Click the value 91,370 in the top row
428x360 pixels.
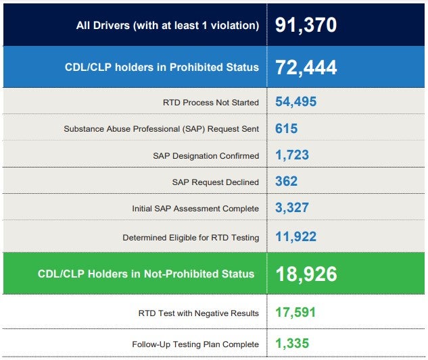click(x=306, y=25)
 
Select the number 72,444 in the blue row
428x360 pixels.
click(x=306, y=68)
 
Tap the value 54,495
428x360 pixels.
click(x=296, y=102)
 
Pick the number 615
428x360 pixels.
click(x=286, y=128)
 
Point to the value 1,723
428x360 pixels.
click(x=292, y=155)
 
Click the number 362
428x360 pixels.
click(x=286, y=181)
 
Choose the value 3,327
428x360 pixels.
click(x=292, y=207)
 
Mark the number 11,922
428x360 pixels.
click(x=296, y=236)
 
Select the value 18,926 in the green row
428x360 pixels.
click(x=306, y=274)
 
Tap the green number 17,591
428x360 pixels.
click(x=295, y=313)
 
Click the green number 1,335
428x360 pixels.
click(x=292, y=343)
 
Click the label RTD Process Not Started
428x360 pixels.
click(x=211, y=103)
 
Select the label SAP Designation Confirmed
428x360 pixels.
click(x=206, y=156)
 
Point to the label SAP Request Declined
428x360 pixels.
click(x=216, y=182)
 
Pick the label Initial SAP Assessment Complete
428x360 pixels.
click(x=195, y=209)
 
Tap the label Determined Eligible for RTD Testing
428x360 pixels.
click(x=191, y=238)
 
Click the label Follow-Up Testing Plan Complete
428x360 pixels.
click(x=195, y=344)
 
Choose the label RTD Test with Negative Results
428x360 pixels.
click(x=198, y=313)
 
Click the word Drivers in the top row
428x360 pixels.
click(x=112, y=26)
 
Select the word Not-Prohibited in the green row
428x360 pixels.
click(x=181, y=274)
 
